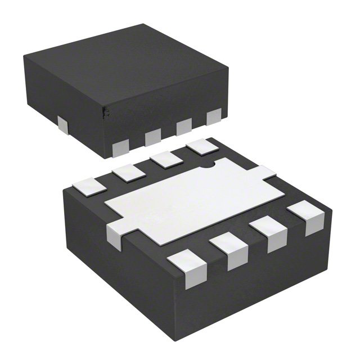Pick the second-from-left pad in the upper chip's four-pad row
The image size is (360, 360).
(x=152, y=137)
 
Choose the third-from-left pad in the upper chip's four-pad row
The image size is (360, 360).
(x=184, y=127)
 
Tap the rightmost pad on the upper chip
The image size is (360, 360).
(x=214, y=117)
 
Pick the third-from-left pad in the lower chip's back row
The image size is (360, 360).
(x=164, y=159)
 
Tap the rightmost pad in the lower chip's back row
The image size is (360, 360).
(x=200, y=146)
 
